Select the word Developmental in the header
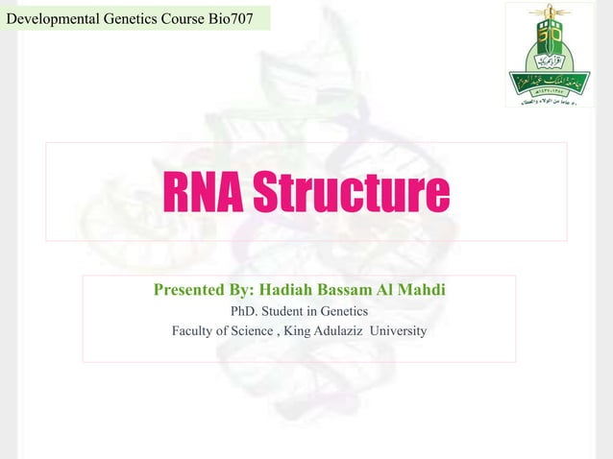[51, 15]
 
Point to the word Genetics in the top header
[127, 15]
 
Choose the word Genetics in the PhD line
[339, 311]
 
